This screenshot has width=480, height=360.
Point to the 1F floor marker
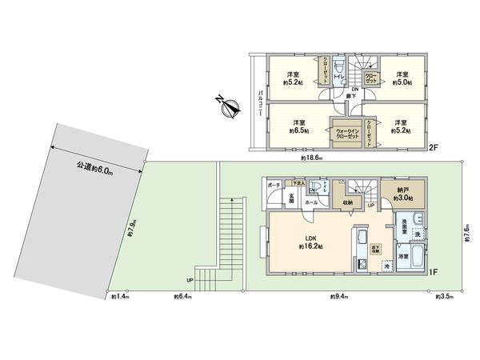433,273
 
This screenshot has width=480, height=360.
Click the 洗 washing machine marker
418,232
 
